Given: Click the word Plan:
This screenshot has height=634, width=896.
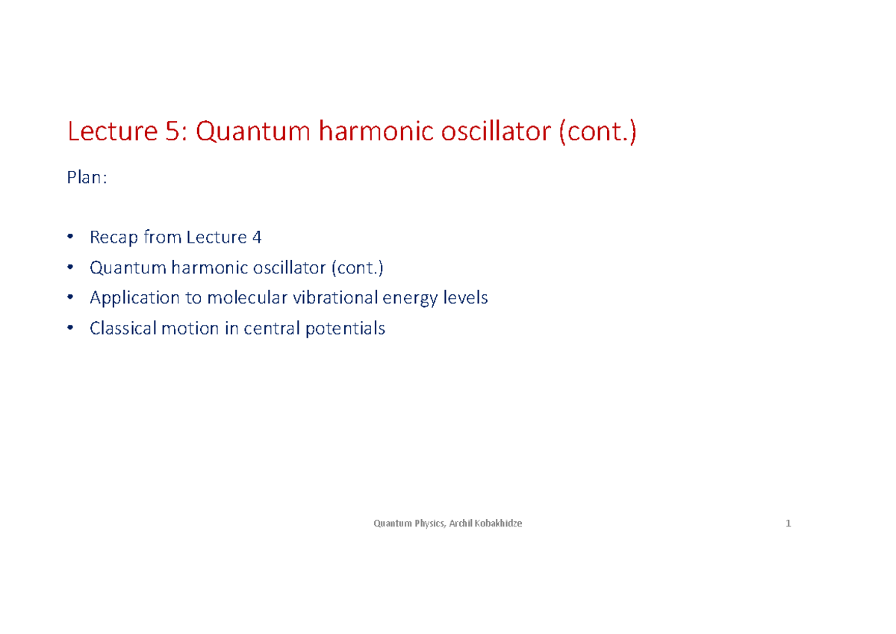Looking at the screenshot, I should [x=87, y=178].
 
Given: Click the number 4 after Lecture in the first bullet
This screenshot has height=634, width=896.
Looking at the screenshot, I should [x=257, y=237].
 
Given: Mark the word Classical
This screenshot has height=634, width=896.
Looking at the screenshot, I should [x=122, y=328].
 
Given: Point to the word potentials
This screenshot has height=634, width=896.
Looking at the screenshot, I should [x=346, y=329].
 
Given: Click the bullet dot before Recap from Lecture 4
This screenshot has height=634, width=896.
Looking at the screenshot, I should [x=70, y=237].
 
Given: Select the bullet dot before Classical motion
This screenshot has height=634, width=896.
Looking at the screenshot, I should [x=70, y=328].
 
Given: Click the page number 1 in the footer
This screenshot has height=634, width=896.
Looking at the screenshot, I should [x=788, y=523].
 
